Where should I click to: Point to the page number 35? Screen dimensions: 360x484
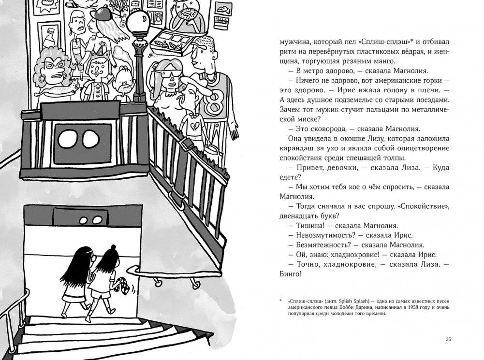tap(448, 339)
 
